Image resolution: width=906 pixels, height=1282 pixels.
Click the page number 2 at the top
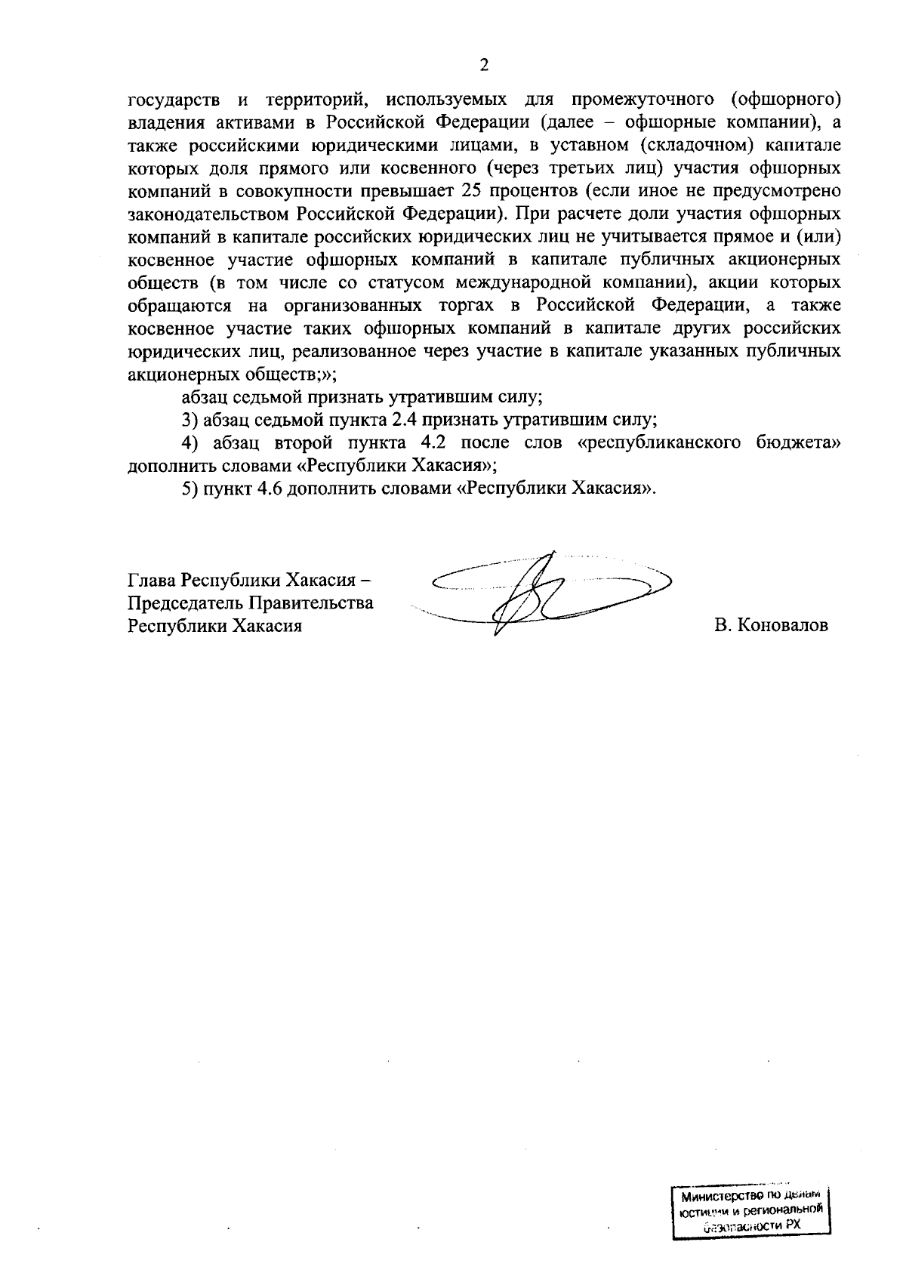pyautogui.click(x=484, y=65)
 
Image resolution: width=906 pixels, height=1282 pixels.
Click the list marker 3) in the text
pyautogui.click(x=190, y=420)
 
